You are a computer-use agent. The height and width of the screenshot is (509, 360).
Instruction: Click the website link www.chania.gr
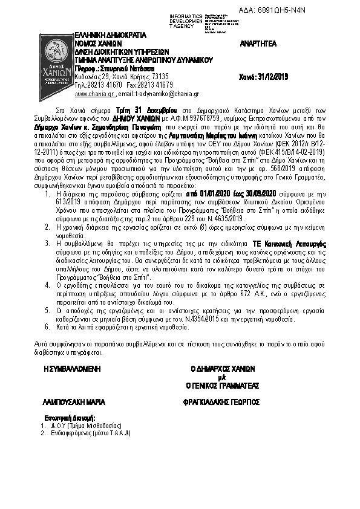click(94, 94)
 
